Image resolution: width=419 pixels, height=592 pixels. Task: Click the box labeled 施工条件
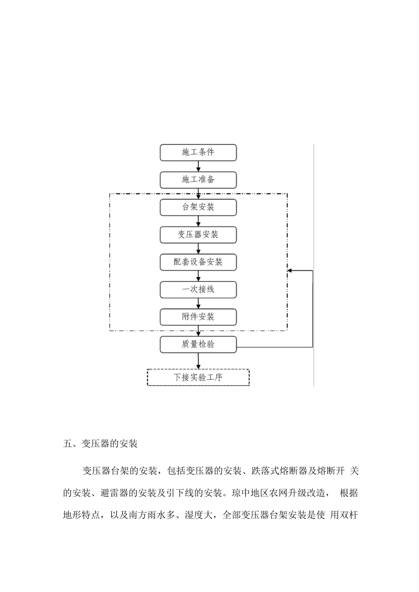[x=198, y=152]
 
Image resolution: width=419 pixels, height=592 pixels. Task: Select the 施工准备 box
[x=198, y=180]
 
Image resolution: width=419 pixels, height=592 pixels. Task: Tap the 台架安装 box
[x=198, y=207]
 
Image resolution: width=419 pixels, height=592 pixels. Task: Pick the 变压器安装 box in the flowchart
[x=198, y=235]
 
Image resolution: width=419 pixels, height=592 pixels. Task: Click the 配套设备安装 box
[x=198, y=262]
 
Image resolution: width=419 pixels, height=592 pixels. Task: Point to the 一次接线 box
[x=198, y=289]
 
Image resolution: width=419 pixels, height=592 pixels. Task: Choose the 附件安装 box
[x=198, y=317]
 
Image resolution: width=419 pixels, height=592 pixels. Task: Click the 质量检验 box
[x=198, y=344]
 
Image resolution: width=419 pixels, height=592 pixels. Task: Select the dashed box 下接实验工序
[x=198, y=377]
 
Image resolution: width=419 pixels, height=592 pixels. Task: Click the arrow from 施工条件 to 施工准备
[x=198, y=166]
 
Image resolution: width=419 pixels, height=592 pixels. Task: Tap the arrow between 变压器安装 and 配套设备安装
[x=198, y=248]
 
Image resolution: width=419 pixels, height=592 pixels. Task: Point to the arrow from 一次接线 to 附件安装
[x=198, y=303]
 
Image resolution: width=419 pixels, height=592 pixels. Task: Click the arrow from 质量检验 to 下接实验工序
[x=198, y=361]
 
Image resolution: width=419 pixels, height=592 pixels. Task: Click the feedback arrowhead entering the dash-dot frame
[x=290, y=271]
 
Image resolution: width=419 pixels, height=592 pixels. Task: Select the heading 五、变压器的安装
[x=101, y=444]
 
